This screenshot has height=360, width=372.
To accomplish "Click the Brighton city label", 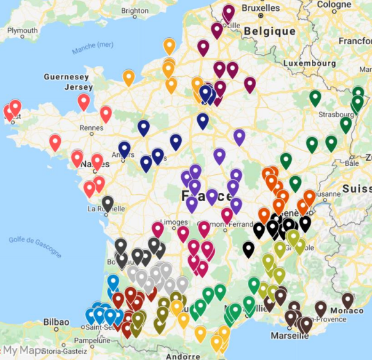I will [x=134, y=10].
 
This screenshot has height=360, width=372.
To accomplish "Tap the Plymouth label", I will [x=22, y=30].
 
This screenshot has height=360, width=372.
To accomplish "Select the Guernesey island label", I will [x=66, y=77].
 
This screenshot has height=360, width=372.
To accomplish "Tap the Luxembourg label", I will [x=310, y=63].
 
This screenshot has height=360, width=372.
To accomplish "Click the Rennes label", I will [x=91, y=127].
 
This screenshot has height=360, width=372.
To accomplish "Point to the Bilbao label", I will [x=57, y=321].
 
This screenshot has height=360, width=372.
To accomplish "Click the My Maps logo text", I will [x=26, y=350].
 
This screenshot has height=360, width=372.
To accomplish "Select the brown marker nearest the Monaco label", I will [x=348, y=300].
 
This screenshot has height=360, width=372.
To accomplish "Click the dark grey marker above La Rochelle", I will [x=108, y=203].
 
